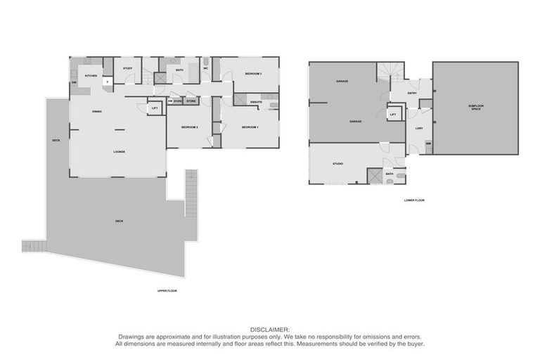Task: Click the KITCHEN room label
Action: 91,75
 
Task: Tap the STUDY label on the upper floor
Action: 128,68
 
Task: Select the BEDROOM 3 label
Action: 253,73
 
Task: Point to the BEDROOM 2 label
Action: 189,127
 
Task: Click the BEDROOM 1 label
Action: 250,127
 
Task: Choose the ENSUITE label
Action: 256,103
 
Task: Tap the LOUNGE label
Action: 120,151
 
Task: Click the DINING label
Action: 97,112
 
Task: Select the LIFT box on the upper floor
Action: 155,108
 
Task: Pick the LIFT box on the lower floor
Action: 393,114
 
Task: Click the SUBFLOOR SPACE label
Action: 476,108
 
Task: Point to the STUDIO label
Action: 337,164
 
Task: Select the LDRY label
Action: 419,128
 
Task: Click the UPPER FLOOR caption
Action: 167,290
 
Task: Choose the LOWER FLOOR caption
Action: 414,200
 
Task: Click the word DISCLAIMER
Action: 269,328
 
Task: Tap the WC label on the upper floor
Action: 206,68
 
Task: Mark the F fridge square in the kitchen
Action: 107,82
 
